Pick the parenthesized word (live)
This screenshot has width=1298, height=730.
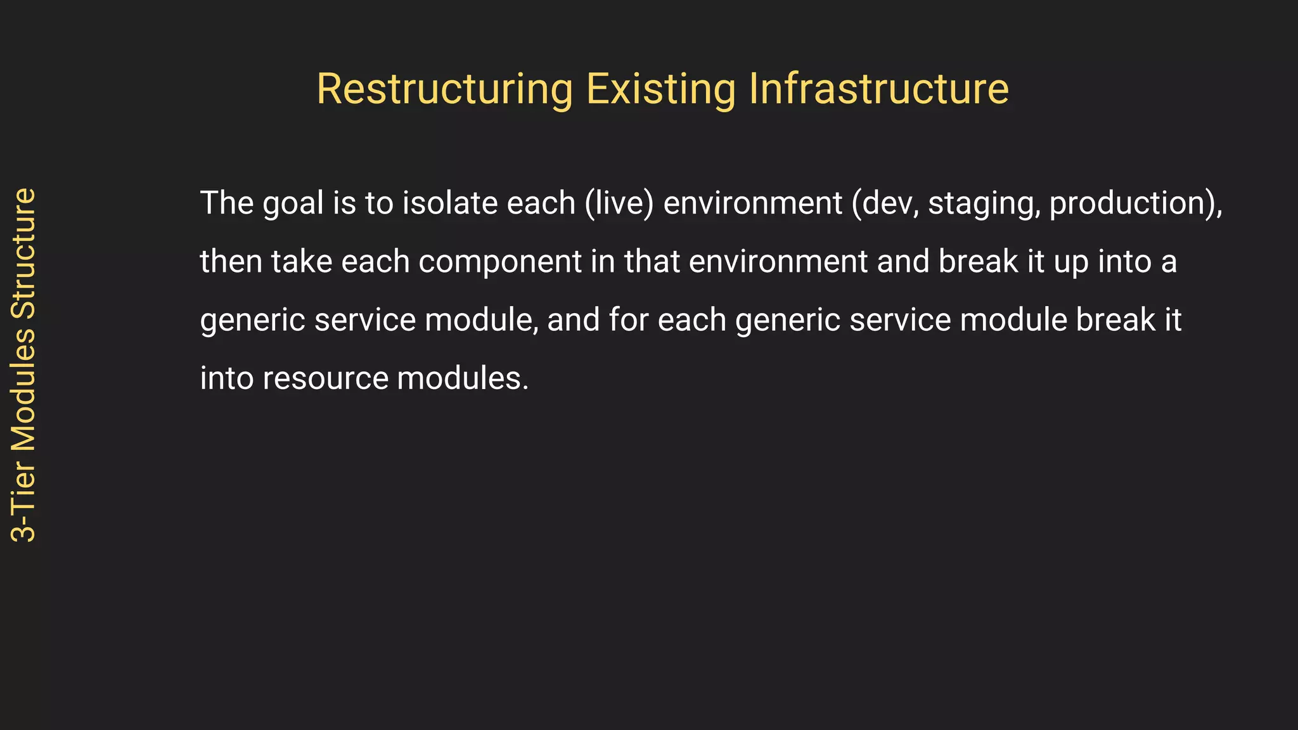pos(619,203)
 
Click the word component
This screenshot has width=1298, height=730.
pos(499,262)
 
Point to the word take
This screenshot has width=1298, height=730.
pos(302,261)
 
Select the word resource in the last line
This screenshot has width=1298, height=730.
pos(325,379)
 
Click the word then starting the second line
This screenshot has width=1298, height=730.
pos(231,261)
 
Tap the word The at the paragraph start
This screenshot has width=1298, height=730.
pos(227,203)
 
